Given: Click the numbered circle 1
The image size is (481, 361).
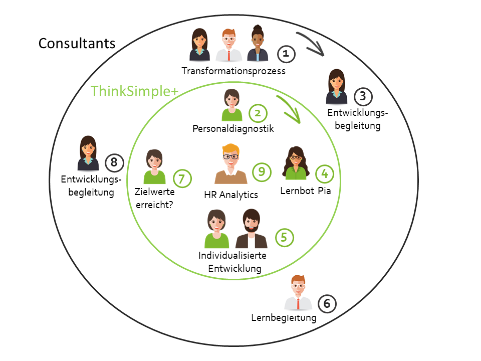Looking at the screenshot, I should [x=286, y=53].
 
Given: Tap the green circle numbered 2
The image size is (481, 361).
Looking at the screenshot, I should [x=258, y=113].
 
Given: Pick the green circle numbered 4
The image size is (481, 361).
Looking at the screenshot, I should [x=325, y=173].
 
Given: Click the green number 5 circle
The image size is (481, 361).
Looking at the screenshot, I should [x=284, y=238].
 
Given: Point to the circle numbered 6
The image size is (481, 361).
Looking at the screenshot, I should [x=327, y=303].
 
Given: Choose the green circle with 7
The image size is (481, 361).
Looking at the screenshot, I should [x=182, y=178].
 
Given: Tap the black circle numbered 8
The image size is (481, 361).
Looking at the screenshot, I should [x=114, y=162].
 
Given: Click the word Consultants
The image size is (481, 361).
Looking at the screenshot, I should [x=77, y=44].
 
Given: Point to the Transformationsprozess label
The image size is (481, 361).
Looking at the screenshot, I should [x=233, y=71].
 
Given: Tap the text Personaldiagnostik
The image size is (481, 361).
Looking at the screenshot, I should [x=233, y=129].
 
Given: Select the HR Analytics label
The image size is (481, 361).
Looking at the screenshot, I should [x=231, y=195].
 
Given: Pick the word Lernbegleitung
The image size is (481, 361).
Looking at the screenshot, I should [x=284, y=318].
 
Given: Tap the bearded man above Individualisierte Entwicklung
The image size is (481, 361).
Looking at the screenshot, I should [x=252, y=229].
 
